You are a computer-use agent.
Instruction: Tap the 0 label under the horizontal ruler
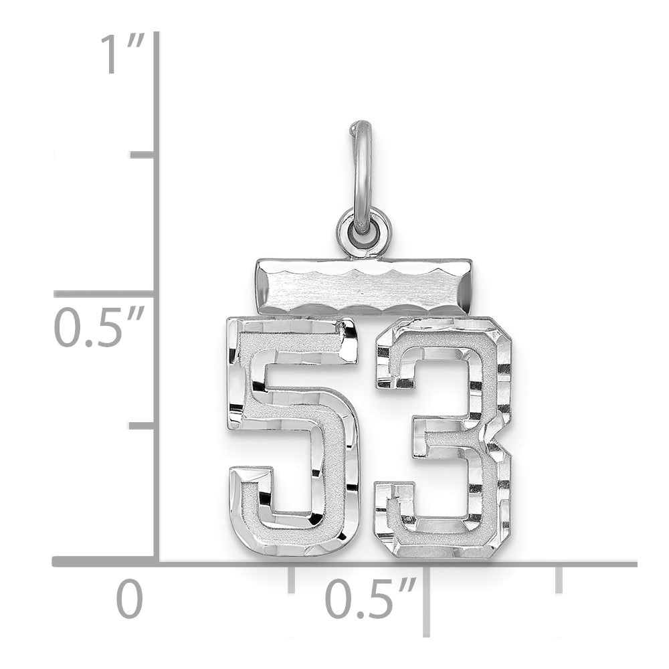point(130,599)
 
